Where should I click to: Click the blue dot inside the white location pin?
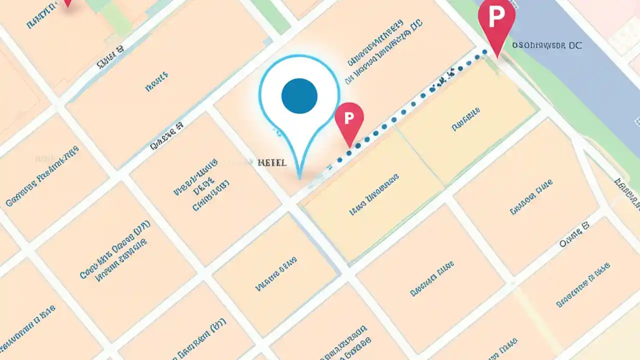click(x=299, y=95)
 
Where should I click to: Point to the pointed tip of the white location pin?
click(x=299, y=177)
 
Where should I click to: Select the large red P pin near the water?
click(x=496, y=20)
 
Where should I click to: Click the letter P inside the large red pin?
click(x=496, y=16)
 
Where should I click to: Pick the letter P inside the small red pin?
click(x=349, y=117)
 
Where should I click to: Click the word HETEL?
click(x=272, y=163)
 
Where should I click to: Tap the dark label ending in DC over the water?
click(x=547, y=45)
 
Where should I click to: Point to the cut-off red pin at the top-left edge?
click(x=67, y=2)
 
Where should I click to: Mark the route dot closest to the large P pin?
click(x=483, y=51)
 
